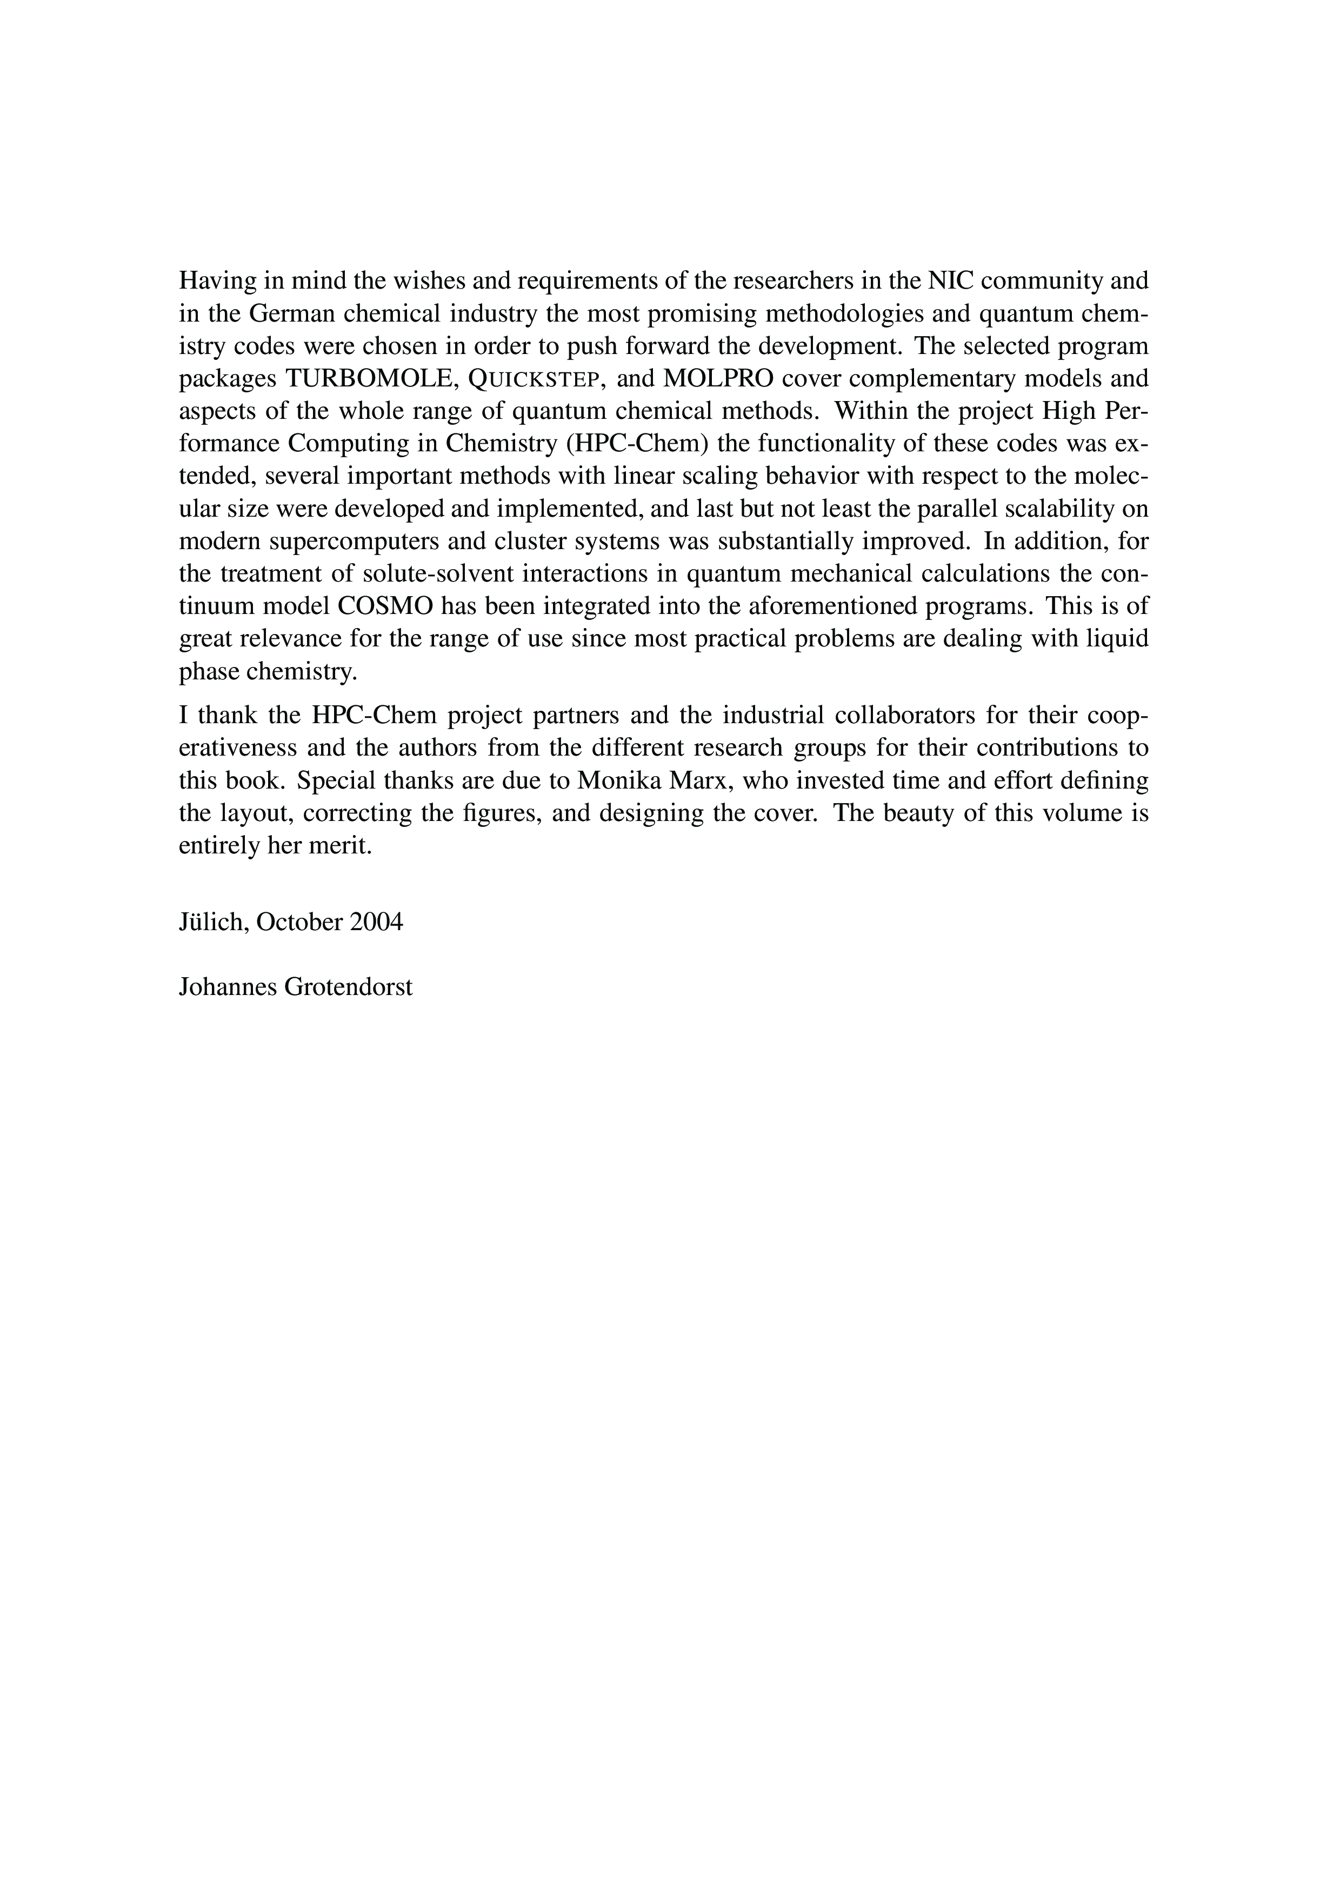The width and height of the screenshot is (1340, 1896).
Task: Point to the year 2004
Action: tap(377, 922)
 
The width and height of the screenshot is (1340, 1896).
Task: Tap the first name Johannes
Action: tap(228, 987)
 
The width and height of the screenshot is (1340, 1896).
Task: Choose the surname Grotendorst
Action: tap(349, 987)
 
